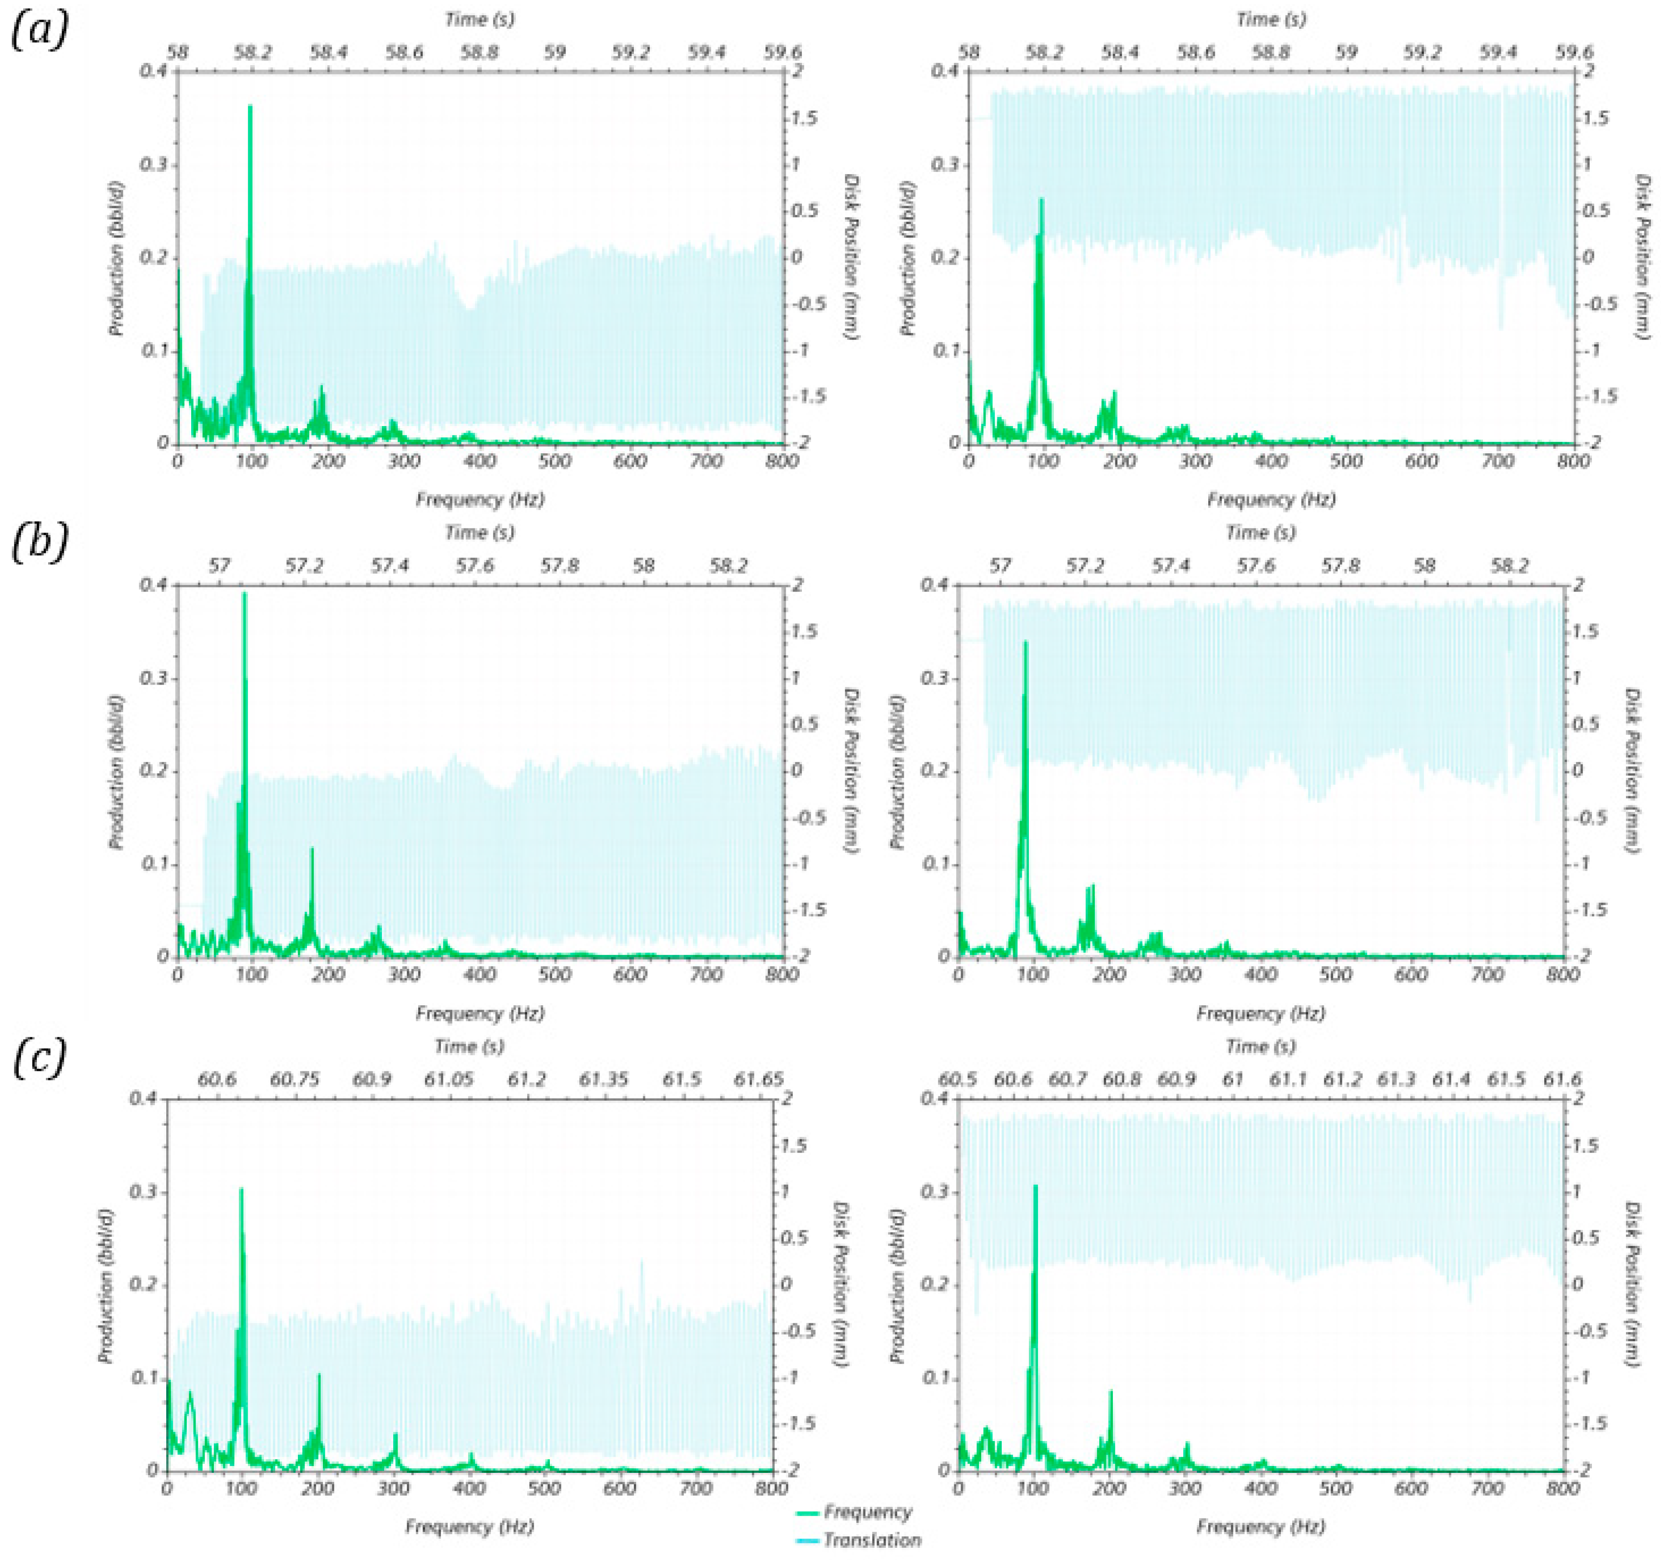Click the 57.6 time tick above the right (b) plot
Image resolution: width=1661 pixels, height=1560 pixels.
pos(1256,566)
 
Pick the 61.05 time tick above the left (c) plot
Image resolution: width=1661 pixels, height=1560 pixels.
pos(449,1080)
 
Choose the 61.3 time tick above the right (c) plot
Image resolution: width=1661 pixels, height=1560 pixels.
pos(1396,1080)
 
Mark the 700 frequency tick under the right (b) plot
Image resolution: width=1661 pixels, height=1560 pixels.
pos(1487,974)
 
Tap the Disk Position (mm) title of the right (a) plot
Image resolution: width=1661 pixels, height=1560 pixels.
pos(1642,256)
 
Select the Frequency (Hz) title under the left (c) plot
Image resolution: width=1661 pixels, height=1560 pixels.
pos(469,1527)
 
